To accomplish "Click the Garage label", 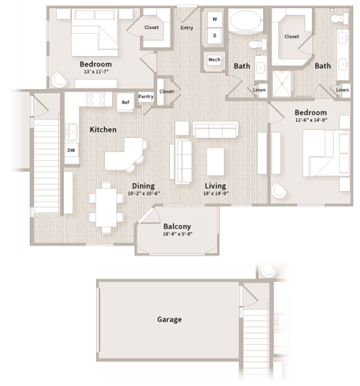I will [x=169, y=319].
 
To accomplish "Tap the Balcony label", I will [x=177, y=226].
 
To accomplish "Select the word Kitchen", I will [x=103, y=130].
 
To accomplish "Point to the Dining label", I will [x=143, y=185].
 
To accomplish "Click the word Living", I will [x=216, y=185].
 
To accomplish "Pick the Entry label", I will [x=187, y=28].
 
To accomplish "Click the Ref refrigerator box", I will [x=125, y=103].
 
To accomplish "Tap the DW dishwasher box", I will [x=71, y=150].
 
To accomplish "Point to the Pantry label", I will [x=145, y=97].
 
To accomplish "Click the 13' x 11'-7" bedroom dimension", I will [x=95, y=72].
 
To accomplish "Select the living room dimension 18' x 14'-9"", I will [x=216, y=193].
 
